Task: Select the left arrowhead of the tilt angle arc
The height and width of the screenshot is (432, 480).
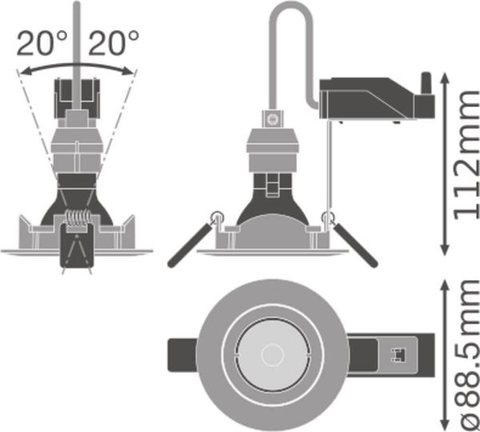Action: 22,72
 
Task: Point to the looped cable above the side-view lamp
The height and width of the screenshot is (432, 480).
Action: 292,32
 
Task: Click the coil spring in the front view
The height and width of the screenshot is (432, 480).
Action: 77,218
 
